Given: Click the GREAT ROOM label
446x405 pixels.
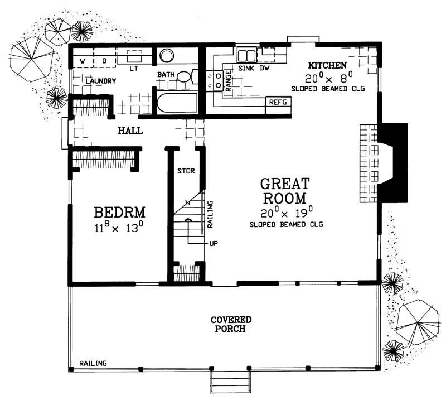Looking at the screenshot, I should coord(285,191).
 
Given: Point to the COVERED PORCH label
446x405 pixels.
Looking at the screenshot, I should coord(231,324).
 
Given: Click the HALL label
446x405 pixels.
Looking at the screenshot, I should coord(129,131).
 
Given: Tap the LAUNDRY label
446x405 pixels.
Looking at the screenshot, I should coord(100,81).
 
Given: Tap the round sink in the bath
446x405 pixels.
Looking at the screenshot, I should coord(167,56).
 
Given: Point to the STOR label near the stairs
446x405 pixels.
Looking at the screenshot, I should coord(186,171).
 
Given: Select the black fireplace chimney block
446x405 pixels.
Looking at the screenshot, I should coord(395,161).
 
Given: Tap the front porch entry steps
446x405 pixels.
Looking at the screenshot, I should coord(228,383).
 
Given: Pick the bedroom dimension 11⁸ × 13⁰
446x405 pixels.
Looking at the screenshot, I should coord(119,228).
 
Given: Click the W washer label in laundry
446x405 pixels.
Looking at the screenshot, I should coord(82,60).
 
